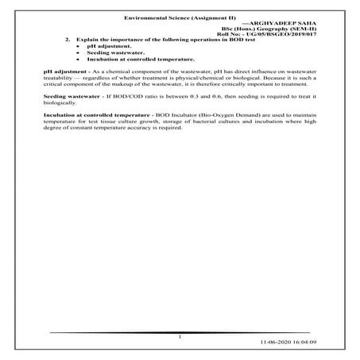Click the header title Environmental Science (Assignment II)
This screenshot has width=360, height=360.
(179, 17)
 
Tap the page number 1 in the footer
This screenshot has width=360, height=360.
(181, 337)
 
